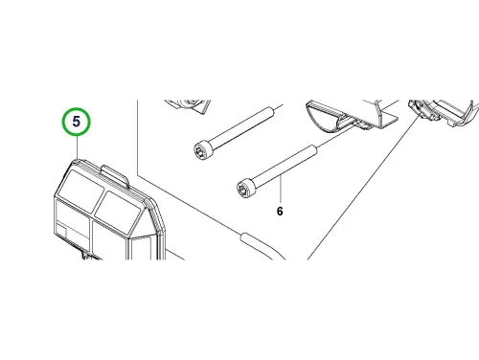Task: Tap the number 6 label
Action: tap(280, 212)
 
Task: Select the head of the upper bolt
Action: tap(203, 150)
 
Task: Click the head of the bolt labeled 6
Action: tap(246, 189)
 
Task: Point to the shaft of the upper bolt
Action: tap(241, 127)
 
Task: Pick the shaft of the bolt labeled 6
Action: tap(285, 167)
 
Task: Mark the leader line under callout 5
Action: tap(77, 147)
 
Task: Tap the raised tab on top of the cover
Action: tap(115, 175)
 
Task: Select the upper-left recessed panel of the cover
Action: tap(80, 187)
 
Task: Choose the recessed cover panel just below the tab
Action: tap(118, 208)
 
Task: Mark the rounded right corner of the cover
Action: tap(157, 208)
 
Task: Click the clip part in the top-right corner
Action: tap(444, 112)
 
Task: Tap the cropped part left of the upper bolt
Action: tap(188, 105)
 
